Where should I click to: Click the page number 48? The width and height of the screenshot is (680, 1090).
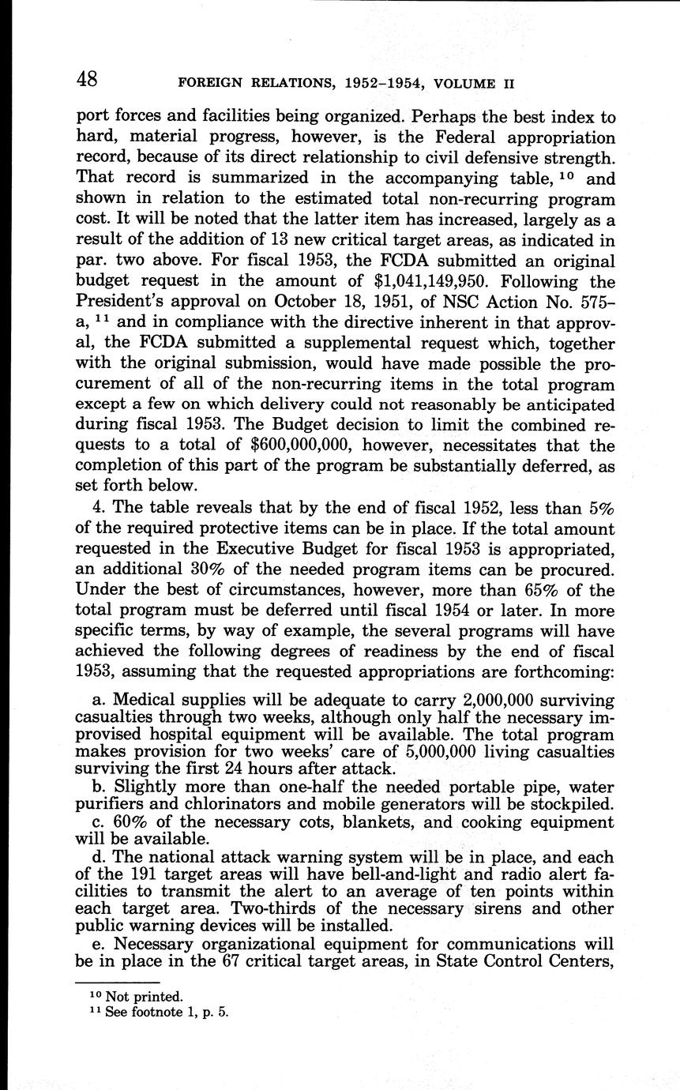click(87, 80)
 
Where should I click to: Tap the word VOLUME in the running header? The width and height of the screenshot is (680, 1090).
click(461, 83)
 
